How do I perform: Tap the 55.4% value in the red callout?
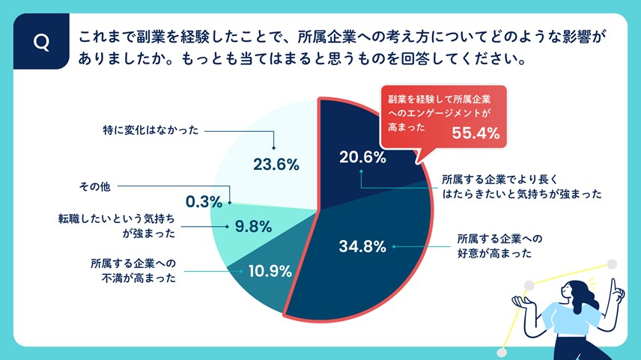coord(475,133)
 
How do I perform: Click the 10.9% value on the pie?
coord(267,271)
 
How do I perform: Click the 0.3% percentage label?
coord(204,201)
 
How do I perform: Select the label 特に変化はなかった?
coord(151,129)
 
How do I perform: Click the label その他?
coord(94,186)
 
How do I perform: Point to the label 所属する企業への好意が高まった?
coord(499,246)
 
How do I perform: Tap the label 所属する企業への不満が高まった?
coord(134,271)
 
